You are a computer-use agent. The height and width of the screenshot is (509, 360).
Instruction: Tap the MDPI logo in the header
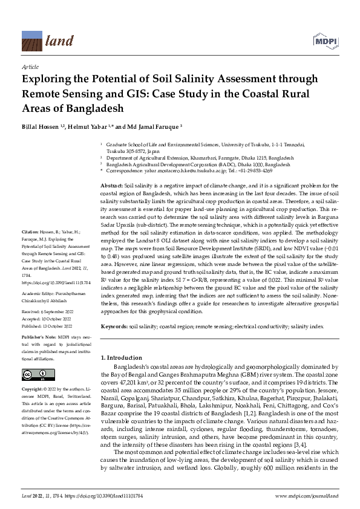pyautogui.click(x=324, y=41)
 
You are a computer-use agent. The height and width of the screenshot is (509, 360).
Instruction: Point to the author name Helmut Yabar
pyautogui.click(x=90, y=128)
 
